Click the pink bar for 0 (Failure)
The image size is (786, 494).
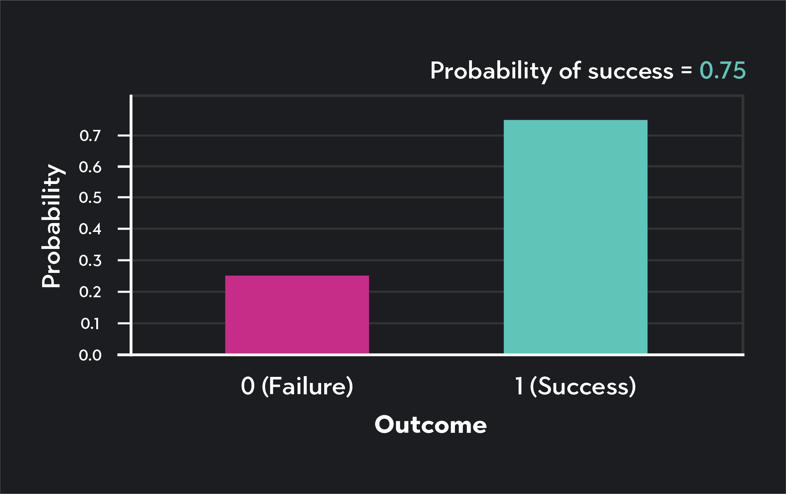[x=297, y=315]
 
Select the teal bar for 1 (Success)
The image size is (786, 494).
[x=575, y=237]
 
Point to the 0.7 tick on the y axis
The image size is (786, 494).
[x=90, y=136]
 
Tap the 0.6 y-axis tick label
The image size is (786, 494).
[x=90, y=167]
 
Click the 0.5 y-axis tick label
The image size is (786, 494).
[x=90, y=198]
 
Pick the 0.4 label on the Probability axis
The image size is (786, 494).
[x=90, y=229]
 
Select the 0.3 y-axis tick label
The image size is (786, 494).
[x=90, y=261]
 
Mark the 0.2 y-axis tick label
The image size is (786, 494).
[x=90, y=292]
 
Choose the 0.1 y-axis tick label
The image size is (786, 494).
[x=90, y=324]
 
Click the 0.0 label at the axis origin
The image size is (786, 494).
[x=90, y=355]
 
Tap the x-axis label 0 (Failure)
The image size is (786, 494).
[x=297, y=386]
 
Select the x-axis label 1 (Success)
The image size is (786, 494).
[x=575, y=386]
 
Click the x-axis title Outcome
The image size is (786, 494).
[x=430, y=425]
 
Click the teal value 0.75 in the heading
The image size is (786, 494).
[x=722, y=71]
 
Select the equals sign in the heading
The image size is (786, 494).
[x=686, y=70]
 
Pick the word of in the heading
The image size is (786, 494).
[x=570, y=71]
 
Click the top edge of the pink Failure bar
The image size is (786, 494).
[x=297, y=276]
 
